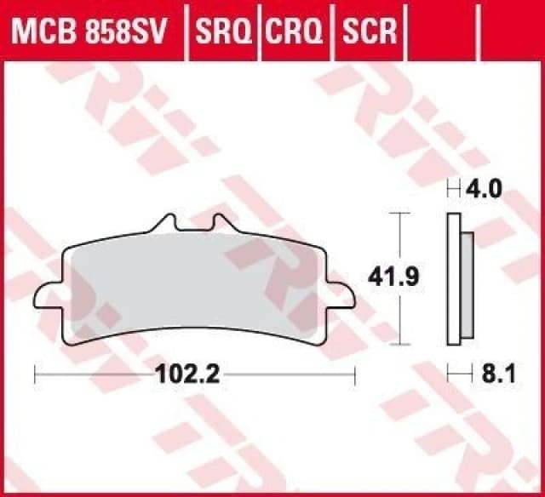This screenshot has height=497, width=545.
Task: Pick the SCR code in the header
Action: click(x=369, y=31)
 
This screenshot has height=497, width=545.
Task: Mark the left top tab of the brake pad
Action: click(x=167, y=223)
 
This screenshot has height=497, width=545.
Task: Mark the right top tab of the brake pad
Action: click(x=222, y=223)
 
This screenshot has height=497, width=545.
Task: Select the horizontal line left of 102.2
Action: click(x=94, y=372)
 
